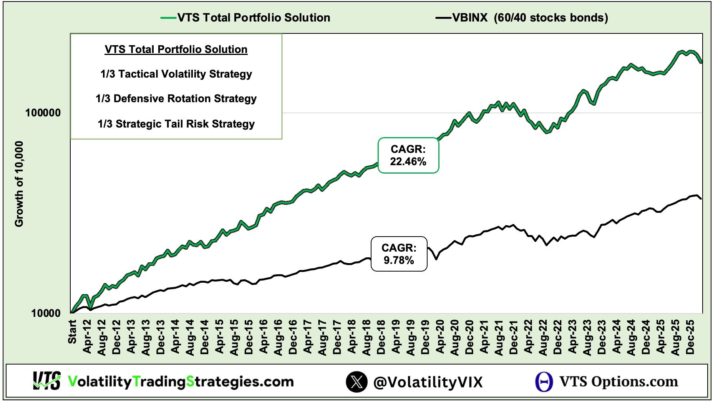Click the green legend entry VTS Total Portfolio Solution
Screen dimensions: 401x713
pos(254,18)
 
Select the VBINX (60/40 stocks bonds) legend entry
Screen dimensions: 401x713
pos(530,18)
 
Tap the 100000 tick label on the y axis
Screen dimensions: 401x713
pos(43,113)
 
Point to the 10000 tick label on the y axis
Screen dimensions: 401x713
pos(46,313)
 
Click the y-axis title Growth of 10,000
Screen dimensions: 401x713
pos(19,184)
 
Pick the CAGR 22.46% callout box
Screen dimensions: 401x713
pos(408,156)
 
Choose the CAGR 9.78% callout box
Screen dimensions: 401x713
pos(399,254)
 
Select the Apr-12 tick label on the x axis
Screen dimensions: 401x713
pos(87,336)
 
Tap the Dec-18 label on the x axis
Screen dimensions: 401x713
pos(381,336)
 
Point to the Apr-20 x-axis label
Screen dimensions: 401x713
pos(440,336)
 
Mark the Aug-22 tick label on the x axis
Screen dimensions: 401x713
pos(543,336)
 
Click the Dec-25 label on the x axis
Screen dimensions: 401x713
pos(690,336)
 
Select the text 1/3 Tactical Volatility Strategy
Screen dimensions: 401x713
pos(176,74)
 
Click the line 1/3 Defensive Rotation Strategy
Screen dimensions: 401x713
pos(176,99)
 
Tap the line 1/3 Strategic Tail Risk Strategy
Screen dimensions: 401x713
pos(176,124)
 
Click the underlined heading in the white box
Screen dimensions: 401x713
pos(176,50)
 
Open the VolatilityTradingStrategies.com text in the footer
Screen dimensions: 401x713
pos(181,381)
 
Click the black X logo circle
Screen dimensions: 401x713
pos(356,382)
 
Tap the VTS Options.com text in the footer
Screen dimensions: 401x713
pos(618,381)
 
